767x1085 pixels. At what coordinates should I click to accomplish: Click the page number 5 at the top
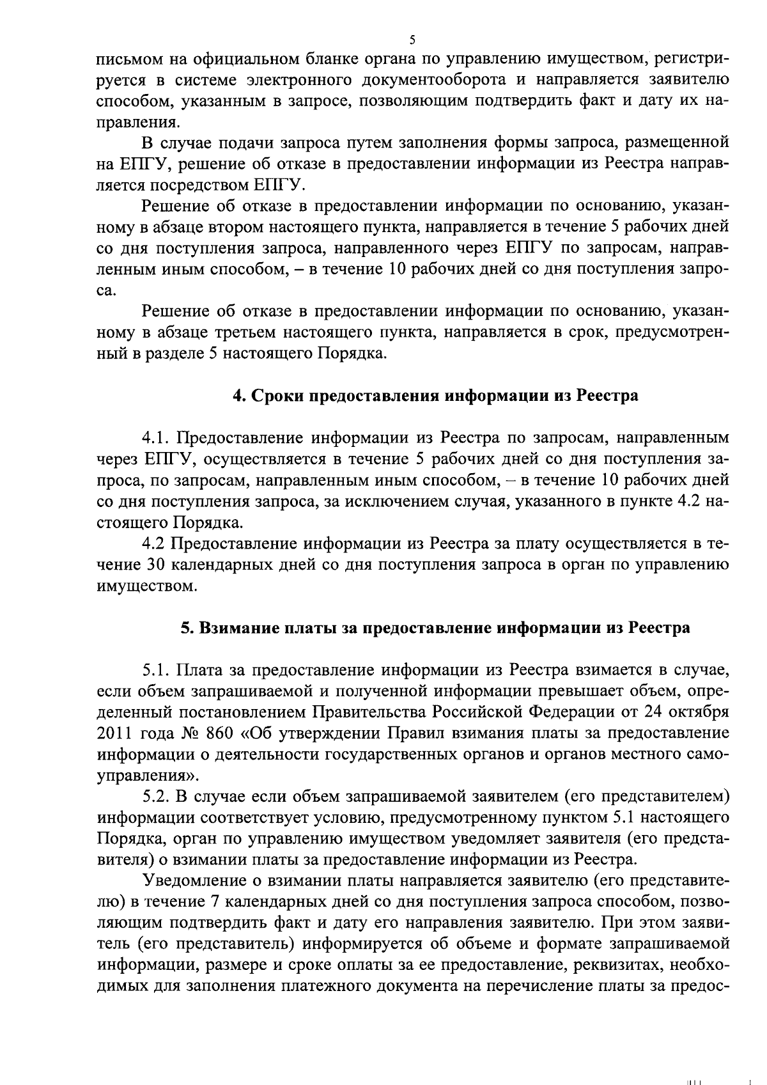pyautogui.click(x=412, y=40)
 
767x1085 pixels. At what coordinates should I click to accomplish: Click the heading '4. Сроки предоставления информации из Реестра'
pyautogui.click(x=435, y=396)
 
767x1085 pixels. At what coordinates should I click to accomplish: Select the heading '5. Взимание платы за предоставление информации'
pyautogui.click(x=435, y=628)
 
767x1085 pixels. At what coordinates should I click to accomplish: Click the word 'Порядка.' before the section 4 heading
pyautogui.click(x=354, y=354)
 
